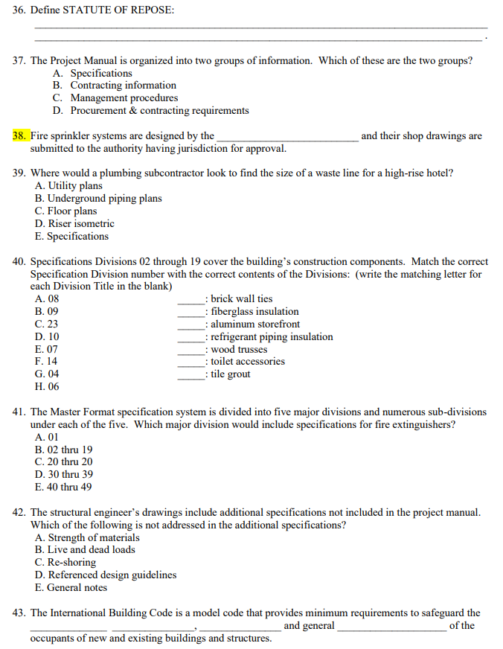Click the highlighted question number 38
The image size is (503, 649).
click(20, 135)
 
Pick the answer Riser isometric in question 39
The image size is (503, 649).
click(74, 223)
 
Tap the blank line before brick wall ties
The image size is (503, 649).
click(191, 299)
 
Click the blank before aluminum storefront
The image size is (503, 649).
click(191, 324)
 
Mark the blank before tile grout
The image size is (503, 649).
click(191, 374)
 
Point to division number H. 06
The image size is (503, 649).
click(46, 387)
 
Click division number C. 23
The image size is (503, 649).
click(46, 324)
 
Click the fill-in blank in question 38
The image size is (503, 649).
click(286, 136)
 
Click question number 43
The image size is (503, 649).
click(20, 613)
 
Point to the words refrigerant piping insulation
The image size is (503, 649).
click(272, 337)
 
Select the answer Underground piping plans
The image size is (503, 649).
click(98, 199)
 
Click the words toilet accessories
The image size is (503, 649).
click(248, 362)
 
